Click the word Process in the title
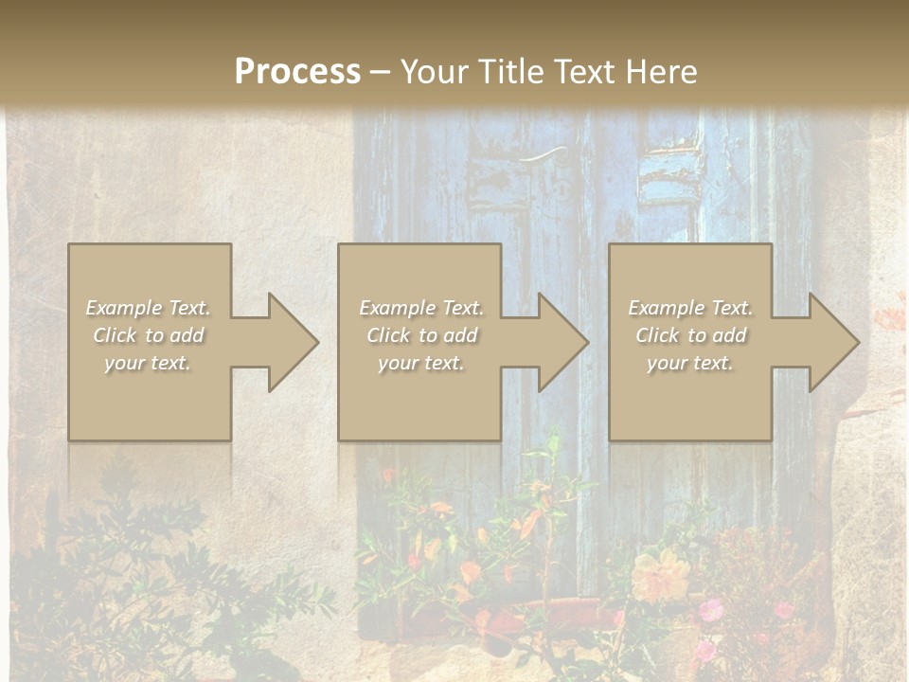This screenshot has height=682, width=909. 297,71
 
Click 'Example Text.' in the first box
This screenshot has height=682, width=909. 149,308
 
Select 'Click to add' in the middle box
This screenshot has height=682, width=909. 421,335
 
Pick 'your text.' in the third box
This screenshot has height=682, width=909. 690,363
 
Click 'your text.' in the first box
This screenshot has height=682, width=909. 149,363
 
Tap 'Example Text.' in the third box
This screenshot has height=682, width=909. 690,308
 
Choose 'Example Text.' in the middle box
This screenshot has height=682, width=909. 421,308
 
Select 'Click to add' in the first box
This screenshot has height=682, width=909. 149,335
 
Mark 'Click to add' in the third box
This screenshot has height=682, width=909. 690,335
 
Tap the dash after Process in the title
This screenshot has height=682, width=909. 381,73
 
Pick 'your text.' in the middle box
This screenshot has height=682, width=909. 421,363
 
